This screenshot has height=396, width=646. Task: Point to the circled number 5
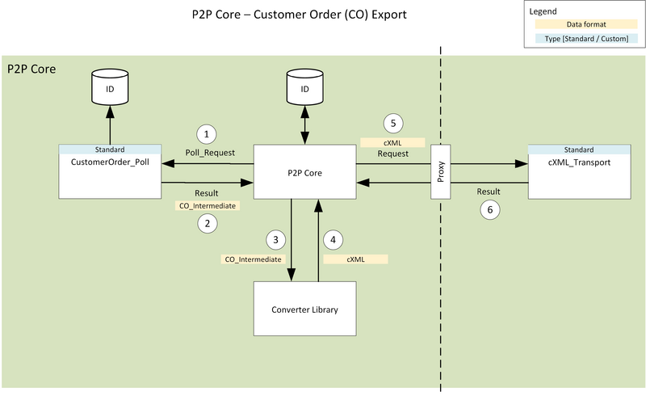392,124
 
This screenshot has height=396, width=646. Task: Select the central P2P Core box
305,172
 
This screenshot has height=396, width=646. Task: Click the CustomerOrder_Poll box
110,171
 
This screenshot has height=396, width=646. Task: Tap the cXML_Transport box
578,171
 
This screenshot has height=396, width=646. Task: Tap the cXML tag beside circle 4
355,259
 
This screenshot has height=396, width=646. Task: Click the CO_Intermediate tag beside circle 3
252,259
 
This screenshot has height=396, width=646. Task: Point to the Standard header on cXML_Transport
578,150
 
